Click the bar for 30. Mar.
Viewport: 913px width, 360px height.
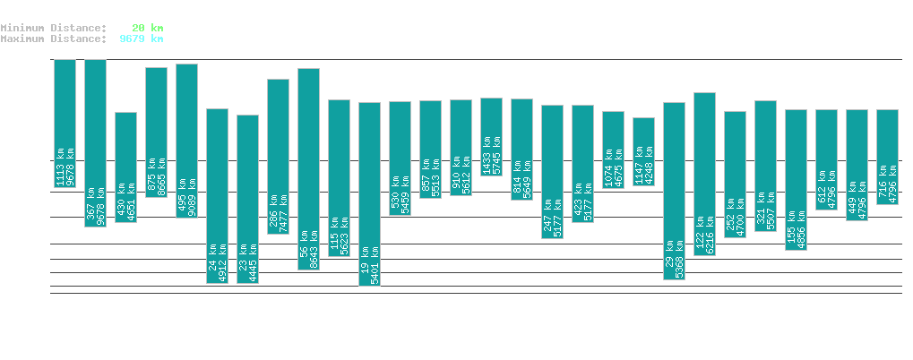(369, 193)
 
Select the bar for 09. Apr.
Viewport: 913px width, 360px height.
(674, 191)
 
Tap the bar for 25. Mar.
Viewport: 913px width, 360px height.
(217, 195)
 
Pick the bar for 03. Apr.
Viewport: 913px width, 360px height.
(491, 136)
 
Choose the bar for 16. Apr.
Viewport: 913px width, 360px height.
(887, 157)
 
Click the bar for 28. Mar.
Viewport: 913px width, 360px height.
(308, 168)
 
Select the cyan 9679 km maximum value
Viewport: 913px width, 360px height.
(142, 39)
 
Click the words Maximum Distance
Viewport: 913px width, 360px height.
(53, 39)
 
